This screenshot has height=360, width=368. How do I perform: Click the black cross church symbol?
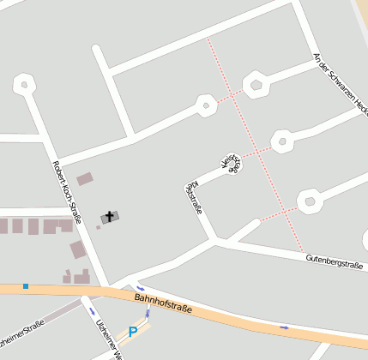coord(110,216)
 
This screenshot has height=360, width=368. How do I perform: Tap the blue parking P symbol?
coord(133,331)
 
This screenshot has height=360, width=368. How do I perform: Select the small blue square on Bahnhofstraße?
coord(26,285)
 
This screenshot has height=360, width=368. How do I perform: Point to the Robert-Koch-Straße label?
coord(66,192)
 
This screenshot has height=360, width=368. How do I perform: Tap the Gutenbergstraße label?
coord(335,257)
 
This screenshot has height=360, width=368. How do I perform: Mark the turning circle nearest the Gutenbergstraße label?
coord(309,202)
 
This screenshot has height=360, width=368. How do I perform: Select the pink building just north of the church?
coord(85,179)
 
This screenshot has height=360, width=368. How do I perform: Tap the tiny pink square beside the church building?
coord(98,227)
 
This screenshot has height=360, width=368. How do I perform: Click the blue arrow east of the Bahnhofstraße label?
coord(284,327)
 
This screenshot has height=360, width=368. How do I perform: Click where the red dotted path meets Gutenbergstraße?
coord(301,251)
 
